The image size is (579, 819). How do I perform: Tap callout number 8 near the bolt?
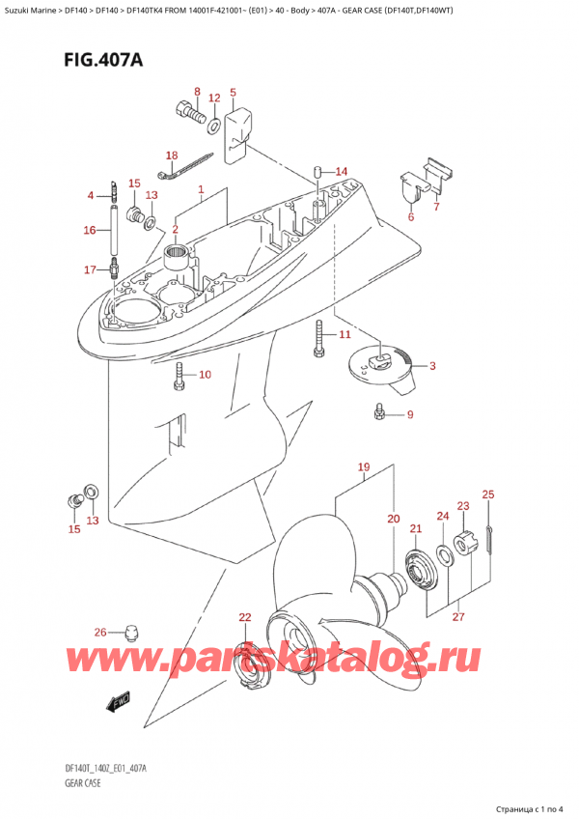196,93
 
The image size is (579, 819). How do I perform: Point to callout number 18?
172,155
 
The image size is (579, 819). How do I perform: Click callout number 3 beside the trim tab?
431,365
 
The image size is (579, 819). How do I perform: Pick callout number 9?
409,415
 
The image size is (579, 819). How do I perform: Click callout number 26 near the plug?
100,634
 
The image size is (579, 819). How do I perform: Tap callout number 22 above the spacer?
244,617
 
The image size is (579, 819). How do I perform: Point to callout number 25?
487,495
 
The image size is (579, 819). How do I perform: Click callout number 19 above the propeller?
364,469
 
